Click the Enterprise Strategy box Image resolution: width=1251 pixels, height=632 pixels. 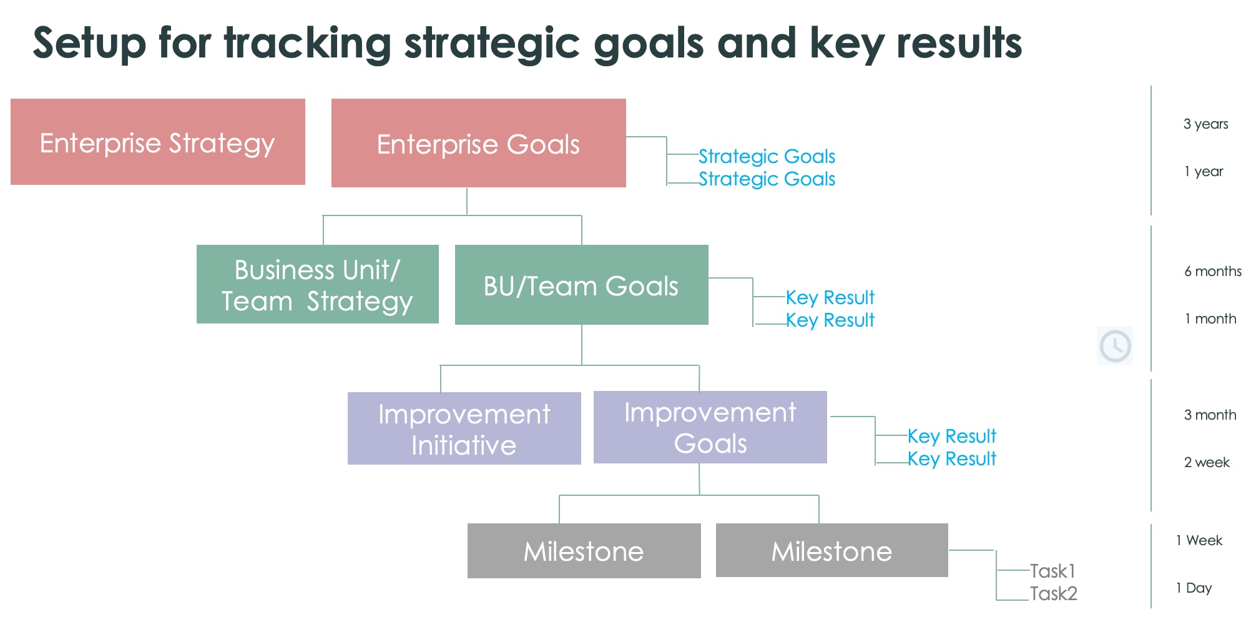tap(157, 142)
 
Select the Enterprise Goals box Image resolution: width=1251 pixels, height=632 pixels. tap(478, 143)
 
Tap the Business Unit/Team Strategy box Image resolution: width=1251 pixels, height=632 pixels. tap(317, 284)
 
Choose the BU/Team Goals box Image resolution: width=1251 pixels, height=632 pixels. tap(581, 285)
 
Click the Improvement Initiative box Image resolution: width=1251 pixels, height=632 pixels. tap(464, 428)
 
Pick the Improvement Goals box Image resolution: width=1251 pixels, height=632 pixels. tap(710, 427)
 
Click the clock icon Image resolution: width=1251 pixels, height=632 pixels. tap(1115, 345)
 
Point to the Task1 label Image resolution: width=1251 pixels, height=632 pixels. tap(1052, 571)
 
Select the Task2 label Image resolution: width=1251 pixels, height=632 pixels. tap(1054, 593)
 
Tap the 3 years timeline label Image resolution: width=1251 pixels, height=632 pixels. tap(1205, 124)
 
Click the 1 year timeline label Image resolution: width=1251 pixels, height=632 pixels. tap(1204, 171)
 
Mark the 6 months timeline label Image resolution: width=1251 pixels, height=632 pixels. tap(1212, 271)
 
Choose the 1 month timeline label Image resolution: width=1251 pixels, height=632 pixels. tap(1210, 318)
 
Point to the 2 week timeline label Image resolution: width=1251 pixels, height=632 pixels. tap(1207, 462)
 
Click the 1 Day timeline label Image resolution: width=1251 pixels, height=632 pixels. tap(1194, 588)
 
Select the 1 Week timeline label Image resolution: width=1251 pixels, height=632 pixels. tap(1199, 540)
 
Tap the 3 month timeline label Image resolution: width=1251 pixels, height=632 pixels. tap(1210, 415)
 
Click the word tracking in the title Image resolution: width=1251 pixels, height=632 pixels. tap(307, 44)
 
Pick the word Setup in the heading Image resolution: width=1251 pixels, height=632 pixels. tap(89, 44)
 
